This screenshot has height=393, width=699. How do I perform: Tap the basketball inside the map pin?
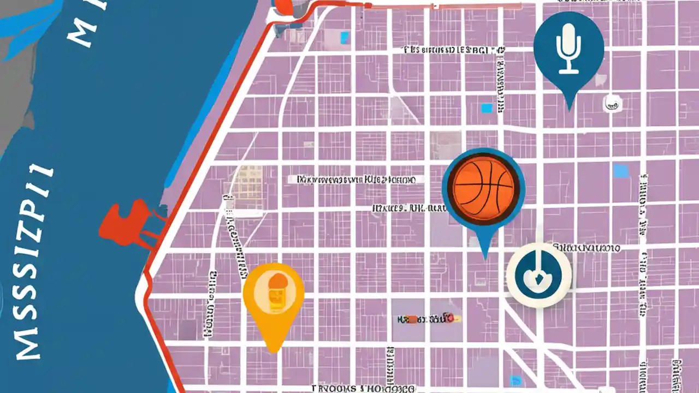pos(483,186)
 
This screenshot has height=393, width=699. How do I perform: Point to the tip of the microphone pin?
pos(570,108)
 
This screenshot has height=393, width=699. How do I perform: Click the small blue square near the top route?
pos(345,37)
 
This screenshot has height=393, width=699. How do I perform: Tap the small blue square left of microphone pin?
pos(486,108)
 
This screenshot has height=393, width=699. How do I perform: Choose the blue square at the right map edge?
pos(621,171)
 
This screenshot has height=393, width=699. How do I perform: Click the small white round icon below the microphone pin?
pos(611,102)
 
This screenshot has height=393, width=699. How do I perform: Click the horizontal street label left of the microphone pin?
pos(453,50)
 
